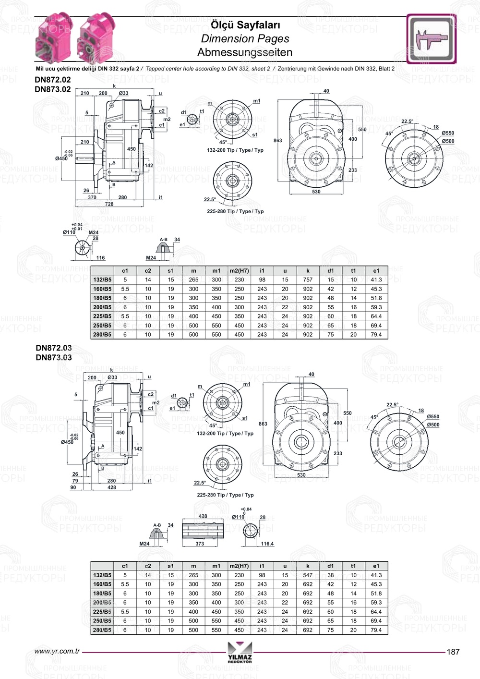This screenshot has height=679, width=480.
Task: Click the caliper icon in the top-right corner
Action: tap(431, 39)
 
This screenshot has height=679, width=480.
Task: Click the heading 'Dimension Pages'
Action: tap(245, 39)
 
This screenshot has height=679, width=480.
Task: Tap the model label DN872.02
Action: tap(53, 80)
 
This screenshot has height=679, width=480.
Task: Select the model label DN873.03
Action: tap(54, 357)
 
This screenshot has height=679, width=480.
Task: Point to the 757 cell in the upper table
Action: tap(308, 279)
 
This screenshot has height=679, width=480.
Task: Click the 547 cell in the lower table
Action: tap(308, 575)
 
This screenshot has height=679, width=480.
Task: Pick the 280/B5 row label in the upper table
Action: tap(102, 335)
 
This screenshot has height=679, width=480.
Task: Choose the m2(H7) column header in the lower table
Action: tap(239, 566)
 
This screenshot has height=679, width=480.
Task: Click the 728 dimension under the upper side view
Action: tap(109, 204)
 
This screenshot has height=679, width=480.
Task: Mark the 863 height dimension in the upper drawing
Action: tap(278, 141)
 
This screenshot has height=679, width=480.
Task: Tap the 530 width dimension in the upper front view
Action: tap(316, 192)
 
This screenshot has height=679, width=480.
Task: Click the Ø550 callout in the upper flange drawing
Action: tap(448, 133)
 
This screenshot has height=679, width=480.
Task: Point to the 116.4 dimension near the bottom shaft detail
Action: tap(267, 544)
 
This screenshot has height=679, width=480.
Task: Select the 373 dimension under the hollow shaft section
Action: tap(200, 544)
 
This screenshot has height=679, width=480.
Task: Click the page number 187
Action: tap(453, 652)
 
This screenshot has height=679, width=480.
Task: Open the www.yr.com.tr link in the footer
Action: tap(57, 652)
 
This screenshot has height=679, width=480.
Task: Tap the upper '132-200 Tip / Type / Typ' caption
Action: tap(235, 150)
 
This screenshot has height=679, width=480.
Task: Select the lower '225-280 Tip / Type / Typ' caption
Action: tap(225, 495)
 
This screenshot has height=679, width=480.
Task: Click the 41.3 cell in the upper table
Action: tap(376, 279)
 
